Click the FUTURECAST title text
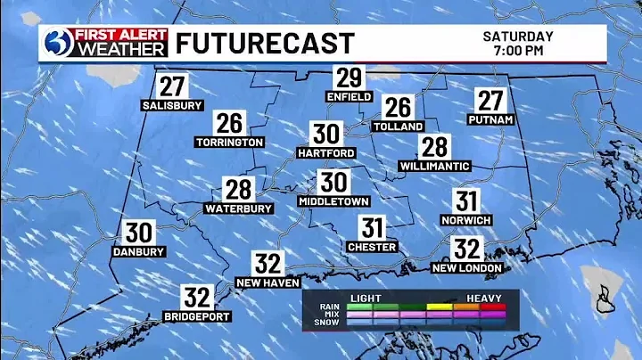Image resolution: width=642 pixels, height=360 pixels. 264,43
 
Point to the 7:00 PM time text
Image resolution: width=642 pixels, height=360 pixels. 518,51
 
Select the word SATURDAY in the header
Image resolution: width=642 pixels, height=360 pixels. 518,37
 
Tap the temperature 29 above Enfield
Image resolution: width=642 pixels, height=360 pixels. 349,78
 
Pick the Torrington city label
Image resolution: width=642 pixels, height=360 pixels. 229,142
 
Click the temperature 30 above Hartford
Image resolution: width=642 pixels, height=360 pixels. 325,135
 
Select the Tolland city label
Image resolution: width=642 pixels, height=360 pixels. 398,127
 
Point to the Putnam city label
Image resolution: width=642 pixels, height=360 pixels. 490,119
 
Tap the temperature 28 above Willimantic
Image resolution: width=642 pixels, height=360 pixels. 434,147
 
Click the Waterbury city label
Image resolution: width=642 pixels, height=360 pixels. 238,209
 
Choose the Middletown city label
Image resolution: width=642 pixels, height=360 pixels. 333,202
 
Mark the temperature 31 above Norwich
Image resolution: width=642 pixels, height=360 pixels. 466,201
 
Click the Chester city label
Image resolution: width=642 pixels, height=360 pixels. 371,246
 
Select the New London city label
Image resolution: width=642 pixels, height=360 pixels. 467,267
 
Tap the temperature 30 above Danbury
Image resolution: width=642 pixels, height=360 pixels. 138,233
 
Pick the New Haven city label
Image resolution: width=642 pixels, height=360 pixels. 267,282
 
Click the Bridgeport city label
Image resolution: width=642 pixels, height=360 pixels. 197,316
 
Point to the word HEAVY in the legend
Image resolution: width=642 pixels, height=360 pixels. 484,298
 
